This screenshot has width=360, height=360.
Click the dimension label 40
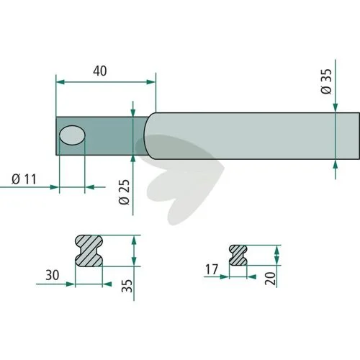tap(100, 71)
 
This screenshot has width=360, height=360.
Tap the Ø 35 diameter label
tap(326, 81)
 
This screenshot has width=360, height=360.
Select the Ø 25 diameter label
tap(124, 192)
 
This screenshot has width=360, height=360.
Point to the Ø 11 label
tap(24, 179)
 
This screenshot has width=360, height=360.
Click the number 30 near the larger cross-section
tap(53, 275)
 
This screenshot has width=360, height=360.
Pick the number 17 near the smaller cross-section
tap(212, 269)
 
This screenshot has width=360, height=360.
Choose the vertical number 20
tap(271, 279)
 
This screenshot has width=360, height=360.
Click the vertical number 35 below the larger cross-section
tap(127, 286)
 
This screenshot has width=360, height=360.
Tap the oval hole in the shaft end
tap(72, 135)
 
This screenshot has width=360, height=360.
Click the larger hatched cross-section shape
tap(89, 251)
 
